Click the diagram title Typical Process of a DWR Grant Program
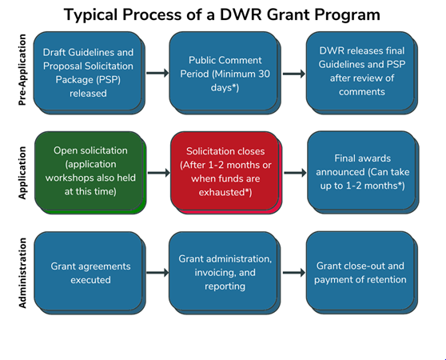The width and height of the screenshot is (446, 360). [222, 14]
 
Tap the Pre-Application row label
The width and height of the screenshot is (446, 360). [22, 70]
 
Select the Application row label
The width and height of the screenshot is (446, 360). [22, 173]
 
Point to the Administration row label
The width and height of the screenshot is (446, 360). [22, 273]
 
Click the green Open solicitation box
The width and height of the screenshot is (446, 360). [90, 173]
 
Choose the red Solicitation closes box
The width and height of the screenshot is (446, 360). [226, 173]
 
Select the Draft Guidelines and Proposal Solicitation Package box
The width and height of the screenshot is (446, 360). [90, 73]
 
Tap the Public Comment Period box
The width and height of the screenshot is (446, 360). [225, 73]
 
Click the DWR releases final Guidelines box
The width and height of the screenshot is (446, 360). [362, 73]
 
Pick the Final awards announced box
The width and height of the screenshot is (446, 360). [363, 173]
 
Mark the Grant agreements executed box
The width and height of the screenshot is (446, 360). [90, 274]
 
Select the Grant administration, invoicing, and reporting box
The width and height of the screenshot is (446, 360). [225, 274]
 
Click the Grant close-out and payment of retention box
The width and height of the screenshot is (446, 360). [362, 273]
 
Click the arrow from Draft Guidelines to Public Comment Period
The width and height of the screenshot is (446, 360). [157, 73]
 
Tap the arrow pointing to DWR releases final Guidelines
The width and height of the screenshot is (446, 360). [294, 74]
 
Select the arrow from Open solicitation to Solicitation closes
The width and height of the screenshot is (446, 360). [159, 173]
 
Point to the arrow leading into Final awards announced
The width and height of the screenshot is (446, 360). [295, 173]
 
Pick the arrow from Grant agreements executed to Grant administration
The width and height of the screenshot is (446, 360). [157, 273]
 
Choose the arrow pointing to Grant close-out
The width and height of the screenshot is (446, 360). [294, 273]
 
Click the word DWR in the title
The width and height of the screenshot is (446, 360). [241, 14]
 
